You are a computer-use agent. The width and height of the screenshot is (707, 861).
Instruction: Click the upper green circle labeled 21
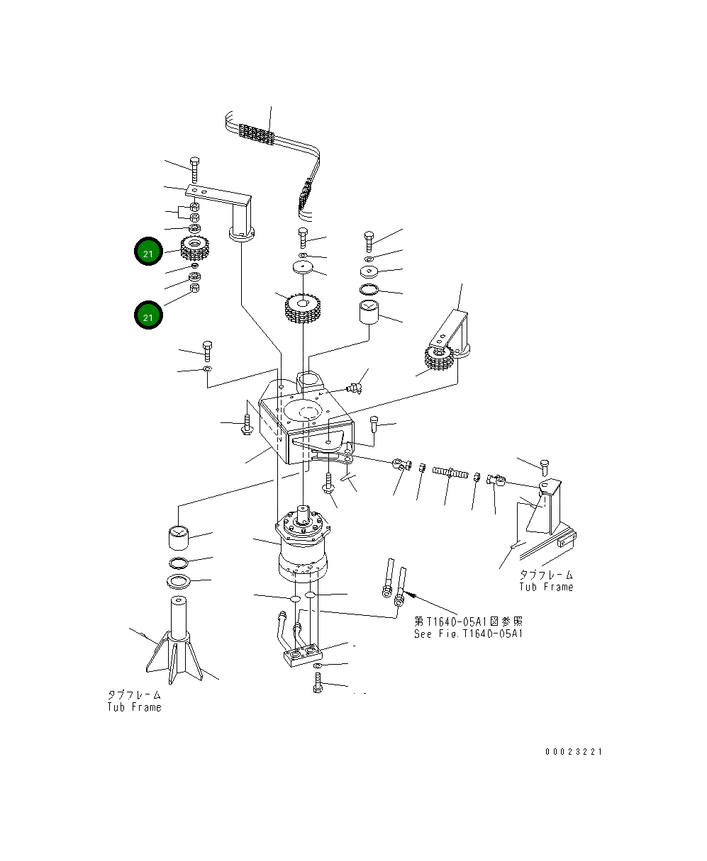[x=147, y=252]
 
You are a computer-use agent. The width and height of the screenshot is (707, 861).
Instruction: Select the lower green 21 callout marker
[x=147, y=316]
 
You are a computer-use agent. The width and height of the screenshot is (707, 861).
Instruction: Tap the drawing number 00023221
[x=573, y=751]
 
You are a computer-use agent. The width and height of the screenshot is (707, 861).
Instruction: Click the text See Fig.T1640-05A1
[x=468, y=634]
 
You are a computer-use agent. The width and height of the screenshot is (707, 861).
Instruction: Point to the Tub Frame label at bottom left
[x=134, y=707]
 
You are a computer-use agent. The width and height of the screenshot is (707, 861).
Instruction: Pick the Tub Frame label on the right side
[x=545, y=587]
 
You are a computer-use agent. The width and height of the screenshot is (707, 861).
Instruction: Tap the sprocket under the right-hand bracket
[x=439, y=360]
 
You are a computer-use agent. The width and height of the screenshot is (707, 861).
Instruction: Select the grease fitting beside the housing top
[x=355, y=387]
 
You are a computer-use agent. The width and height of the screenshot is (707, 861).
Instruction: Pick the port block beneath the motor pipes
[x=303, y=653]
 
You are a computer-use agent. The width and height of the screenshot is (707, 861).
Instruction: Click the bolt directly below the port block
[x=318, y=684]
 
